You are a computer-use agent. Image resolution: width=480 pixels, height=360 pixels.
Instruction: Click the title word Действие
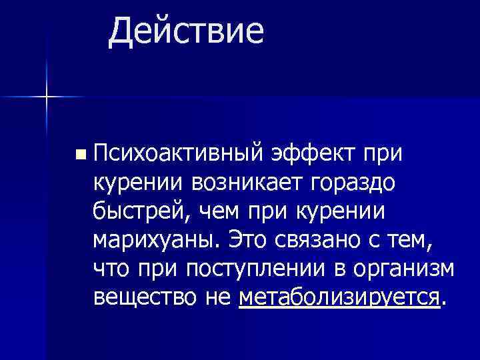[186, 31]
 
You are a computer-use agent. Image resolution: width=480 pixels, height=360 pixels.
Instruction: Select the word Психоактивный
[181, 154]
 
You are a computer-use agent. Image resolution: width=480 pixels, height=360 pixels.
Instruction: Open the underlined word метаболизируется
[339, 297]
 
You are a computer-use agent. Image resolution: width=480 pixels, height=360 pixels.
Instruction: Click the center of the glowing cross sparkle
[47, 97]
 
